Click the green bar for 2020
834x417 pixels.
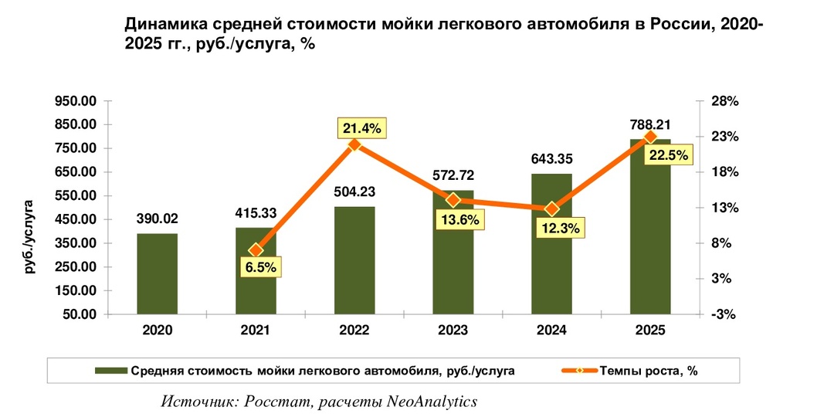pyautogui.click(x=158, y=273)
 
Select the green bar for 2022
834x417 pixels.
pyautogui.click(x=354, y=260)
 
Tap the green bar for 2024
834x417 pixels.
pyautogui.click(x=552, y=244)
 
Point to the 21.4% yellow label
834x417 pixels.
pyautogui.click(x=361, y=128)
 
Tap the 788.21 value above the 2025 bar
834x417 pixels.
pyautogui.click(x=649, y=125)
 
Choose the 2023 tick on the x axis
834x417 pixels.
pyautogui.click(x=453, y=330)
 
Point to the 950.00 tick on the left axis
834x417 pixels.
pyautogui.click(x=74, y=101)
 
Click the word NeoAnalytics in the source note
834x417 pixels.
pyautogui.click(x=432, y=402)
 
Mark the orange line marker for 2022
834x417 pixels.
pyautogui.click(x=354, y=144)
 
